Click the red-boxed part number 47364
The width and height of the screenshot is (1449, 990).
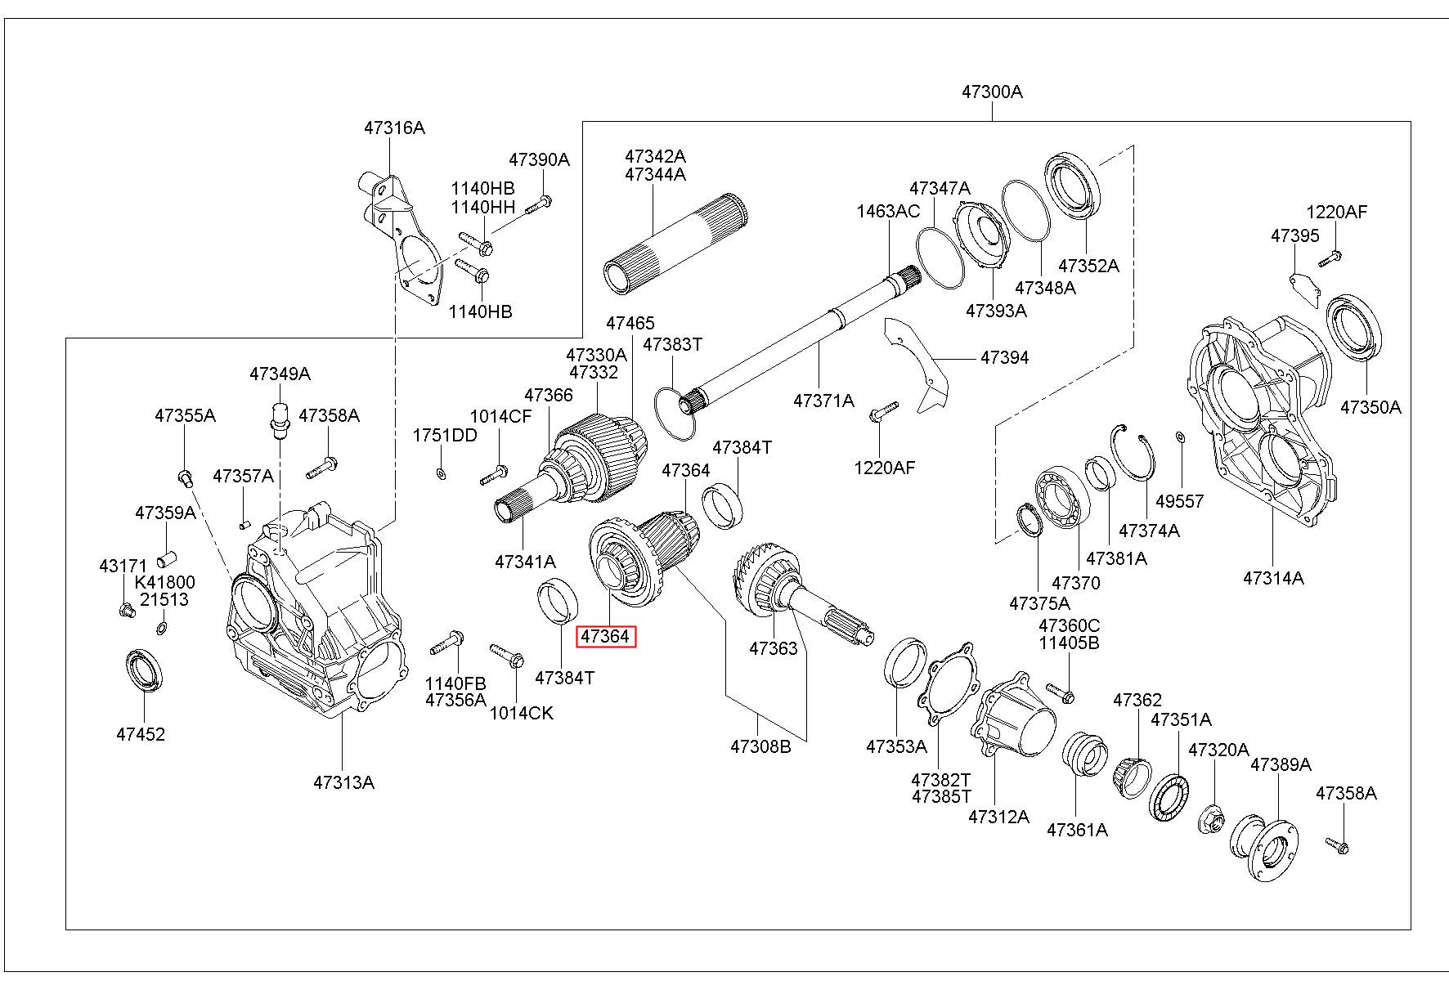point(605,637)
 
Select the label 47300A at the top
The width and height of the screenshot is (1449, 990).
point(991,92)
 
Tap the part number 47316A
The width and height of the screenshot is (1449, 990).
point(394,128)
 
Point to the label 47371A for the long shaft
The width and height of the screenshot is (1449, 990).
point(823,401)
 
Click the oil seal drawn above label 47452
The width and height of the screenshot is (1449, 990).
point(144,670)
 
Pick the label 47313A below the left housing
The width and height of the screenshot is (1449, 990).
point(343,782)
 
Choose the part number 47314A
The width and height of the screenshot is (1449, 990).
point(1273,578)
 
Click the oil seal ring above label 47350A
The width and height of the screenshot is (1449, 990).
point(1354,328)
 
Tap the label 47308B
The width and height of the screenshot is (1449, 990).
point(760,746)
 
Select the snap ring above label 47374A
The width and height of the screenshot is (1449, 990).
point(1133,457)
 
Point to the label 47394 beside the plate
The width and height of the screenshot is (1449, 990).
point(1004,357)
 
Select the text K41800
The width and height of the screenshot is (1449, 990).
point(165,583)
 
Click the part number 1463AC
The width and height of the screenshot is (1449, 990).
point(888,212)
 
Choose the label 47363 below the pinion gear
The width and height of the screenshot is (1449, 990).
point(773,649)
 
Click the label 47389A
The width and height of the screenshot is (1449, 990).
point(1281,764)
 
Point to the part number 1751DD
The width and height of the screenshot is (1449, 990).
point(444,435)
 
